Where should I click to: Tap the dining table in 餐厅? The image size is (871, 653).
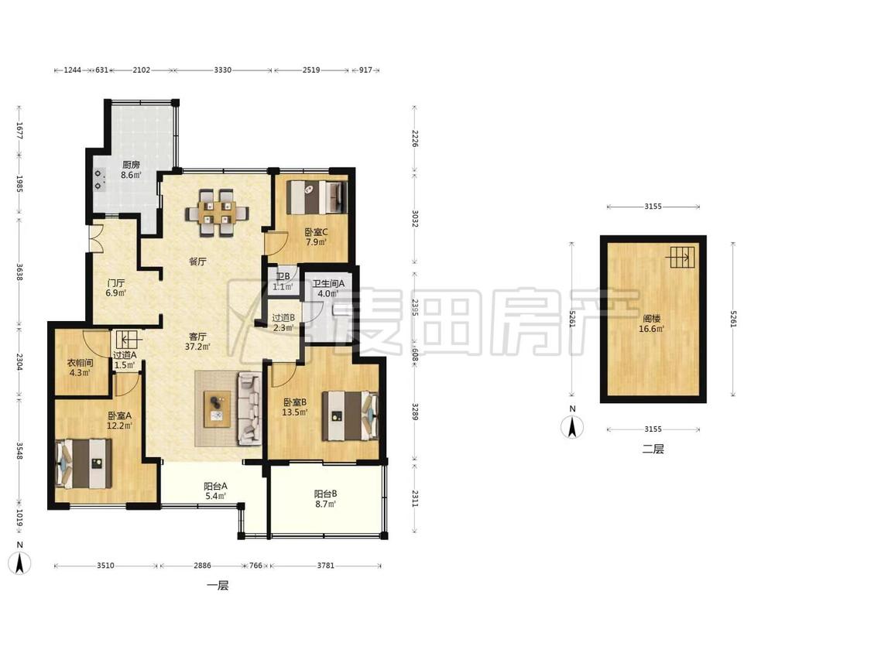point(217,213)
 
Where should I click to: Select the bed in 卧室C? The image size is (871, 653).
point(317,197)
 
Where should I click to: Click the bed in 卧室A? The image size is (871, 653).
point(84,463)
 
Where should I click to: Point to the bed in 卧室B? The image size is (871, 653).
point(350,416)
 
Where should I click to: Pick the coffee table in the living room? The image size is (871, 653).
point(218,409)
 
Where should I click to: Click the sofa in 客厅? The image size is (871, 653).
point(249,409)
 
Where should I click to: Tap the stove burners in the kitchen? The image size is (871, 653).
point(99,179)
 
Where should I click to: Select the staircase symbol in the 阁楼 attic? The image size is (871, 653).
point(681,257)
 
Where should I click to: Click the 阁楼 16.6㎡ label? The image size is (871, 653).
point(651,323)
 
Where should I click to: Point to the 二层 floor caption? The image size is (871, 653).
point(653,449)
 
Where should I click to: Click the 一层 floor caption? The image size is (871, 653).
point(218,585)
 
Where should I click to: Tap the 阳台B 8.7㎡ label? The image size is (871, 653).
point(325,498)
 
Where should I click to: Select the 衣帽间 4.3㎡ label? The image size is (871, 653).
point(80,368)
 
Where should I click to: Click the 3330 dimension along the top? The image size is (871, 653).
point(222,70)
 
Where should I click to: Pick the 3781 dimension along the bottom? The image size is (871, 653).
point(325,566)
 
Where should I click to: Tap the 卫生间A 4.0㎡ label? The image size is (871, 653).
point(328,288)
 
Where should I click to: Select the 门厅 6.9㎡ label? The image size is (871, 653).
point(116,288)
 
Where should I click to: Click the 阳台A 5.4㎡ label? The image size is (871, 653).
point(215,491)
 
